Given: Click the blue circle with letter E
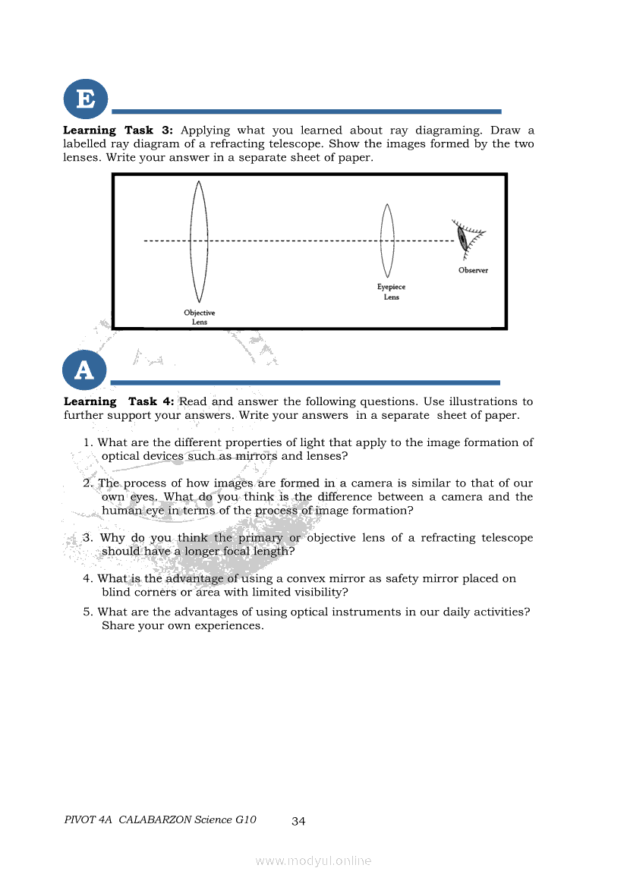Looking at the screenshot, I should point(85,99).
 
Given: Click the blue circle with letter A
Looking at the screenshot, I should point(85,370).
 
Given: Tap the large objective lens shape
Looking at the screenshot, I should point(199,241).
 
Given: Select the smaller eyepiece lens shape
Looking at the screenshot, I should point(388,241).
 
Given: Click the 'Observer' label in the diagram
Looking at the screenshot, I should point(473,270).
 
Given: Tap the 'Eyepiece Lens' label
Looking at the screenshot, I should point(391,292).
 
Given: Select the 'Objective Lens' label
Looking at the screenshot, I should point(199,317).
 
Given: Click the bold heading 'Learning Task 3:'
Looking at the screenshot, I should point(118,131).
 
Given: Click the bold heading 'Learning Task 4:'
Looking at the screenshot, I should point(119,401).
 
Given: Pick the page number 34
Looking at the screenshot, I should point(298,821).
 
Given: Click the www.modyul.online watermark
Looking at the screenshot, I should point(313,860).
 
